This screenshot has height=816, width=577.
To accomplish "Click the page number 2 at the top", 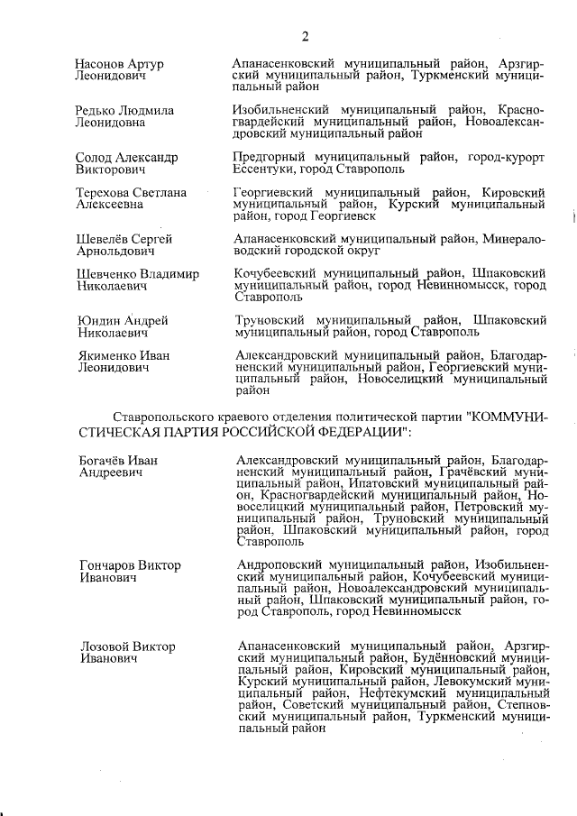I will (305, 36).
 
